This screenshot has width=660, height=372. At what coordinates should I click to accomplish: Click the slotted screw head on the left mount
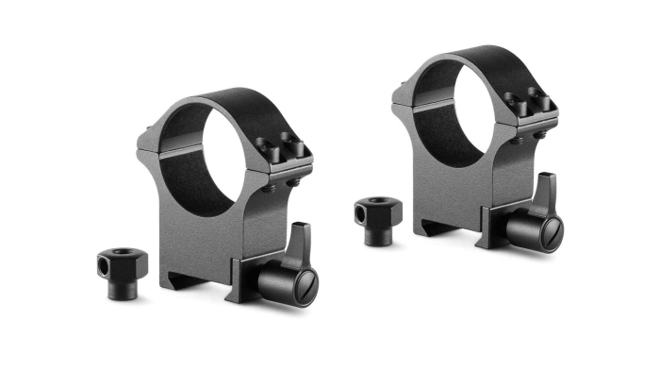tap(304, 281)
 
